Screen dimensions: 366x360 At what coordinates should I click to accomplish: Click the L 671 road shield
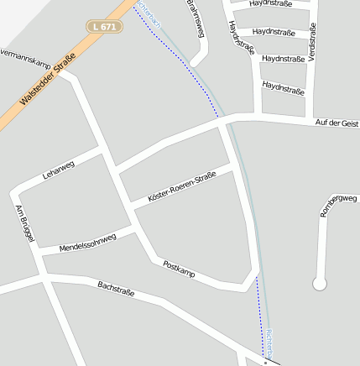105,27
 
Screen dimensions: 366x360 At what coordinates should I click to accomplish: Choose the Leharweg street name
58,170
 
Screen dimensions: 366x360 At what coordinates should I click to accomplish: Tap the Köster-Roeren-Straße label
181,187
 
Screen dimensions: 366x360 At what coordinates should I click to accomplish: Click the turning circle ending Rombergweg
319,284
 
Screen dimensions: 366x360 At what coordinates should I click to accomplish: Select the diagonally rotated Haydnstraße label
241,38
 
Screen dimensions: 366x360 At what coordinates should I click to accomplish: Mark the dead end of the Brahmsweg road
197,61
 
